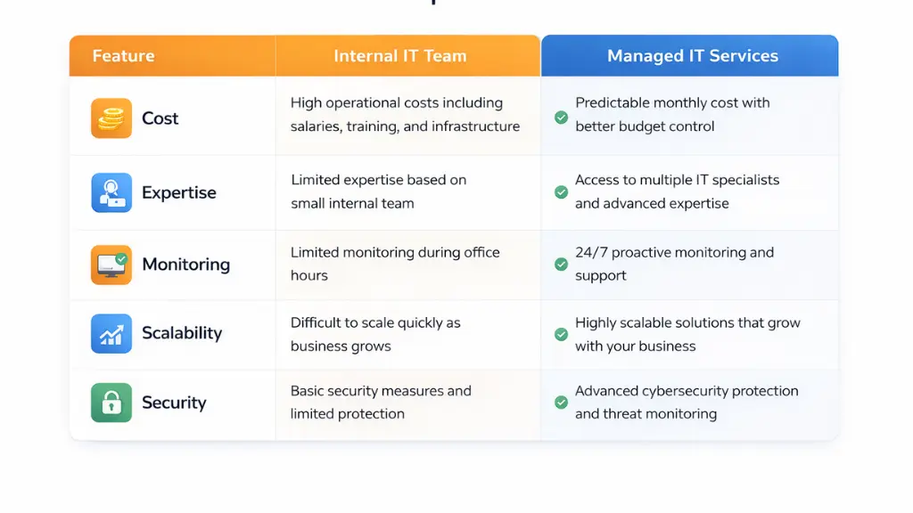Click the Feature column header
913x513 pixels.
pos(123,56)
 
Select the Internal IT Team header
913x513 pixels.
pos(399,56)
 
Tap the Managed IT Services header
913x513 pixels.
pos(692,56)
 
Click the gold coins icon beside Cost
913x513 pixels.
pos(111,118)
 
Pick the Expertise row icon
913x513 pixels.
pos(111,192)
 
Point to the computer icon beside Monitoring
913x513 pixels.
pos(111,265)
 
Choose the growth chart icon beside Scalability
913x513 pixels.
pos(111,334)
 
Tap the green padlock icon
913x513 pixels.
pos(111,403)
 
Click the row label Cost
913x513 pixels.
pos(160,118)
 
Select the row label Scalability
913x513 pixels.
pos(182,334)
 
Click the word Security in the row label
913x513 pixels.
pos(174,403)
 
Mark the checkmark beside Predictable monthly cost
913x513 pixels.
pos(561,117)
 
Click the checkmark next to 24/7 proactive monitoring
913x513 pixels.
pos(561,264)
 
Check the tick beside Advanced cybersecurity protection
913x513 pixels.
pos(561,403)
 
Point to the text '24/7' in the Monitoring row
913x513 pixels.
pos(590,253)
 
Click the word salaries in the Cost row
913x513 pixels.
pos(317,126)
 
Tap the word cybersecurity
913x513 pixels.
pos(687,391)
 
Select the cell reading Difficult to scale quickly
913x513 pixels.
pos(375,334)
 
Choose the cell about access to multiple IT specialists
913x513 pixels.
pos(677,191)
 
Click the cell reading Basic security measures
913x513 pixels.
pos(381,403)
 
